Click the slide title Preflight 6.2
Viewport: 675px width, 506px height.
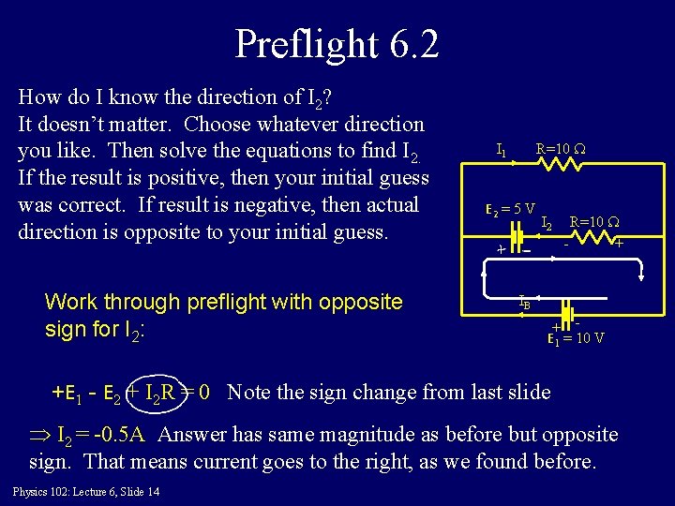pos(337,44)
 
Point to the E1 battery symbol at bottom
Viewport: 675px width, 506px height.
pos(568,315)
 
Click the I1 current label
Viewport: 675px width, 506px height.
pos(502,149)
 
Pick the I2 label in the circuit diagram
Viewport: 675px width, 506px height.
pos(547,223)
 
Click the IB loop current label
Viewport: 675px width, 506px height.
pos(524,302)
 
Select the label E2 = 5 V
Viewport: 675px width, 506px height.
pos(510,208)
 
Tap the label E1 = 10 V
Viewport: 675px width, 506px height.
pos(576,337)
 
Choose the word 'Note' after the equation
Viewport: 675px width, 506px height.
pos(247,391)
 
